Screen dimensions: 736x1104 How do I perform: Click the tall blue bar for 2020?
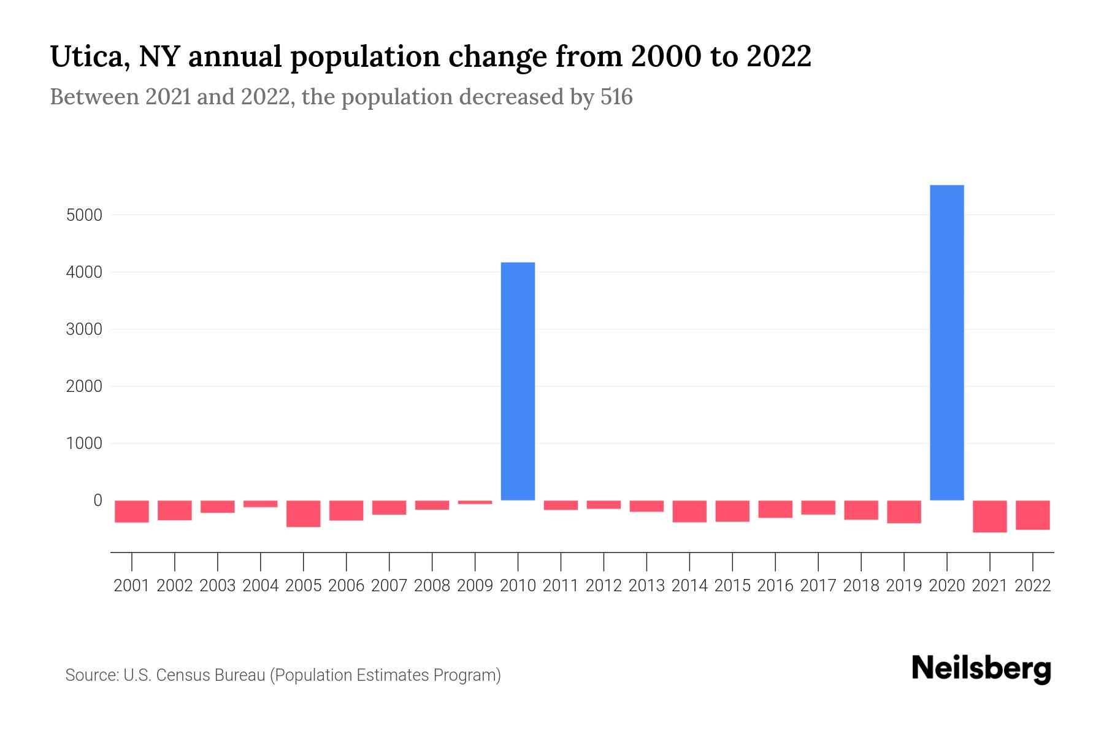(x=946, y=342)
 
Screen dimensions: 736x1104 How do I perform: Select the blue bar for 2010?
(x=518, y=381)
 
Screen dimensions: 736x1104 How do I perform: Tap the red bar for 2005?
(x=304, y=513)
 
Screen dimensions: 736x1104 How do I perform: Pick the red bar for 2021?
(x=989, y=516)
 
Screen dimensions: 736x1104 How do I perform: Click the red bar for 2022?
(x=1032, y=515)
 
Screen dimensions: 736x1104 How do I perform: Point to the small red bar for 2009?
(x=475, y=502)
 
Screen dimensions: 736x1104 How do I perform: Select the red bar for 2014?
(x=689, y=511)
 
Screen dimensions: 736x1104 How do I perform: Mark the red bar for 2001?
(x=132, y=511)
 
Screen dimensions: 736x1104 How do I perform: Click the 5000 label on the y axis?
(x=84, y=215)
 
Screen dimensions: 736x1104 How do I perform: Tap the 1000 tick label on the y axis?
(x=84, y=443)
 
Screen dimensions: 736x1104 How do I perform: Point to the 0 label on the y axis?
(x=97, y=500)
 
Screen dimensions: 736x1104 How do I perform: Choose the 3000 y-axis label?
(x=84, y=329)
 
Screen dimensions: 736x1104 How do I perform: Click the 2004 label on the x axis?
(x=261, y=586)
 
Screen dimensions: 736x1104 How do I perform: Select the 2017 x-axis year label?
(x=818, y=586)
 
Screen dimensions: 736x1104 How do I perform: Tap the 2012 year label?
(x=604, y=586)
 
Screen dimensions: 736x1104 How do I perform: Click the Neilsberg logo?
(x=981, y=669)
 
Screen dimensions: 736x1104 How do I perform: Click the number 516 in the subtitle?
(x=616, y=97)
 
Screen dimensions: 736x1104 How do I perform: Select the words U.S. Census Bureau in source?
(x=194, y=675)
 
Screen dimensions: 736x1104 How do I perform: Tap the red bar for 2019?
(x=903, y=512)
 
